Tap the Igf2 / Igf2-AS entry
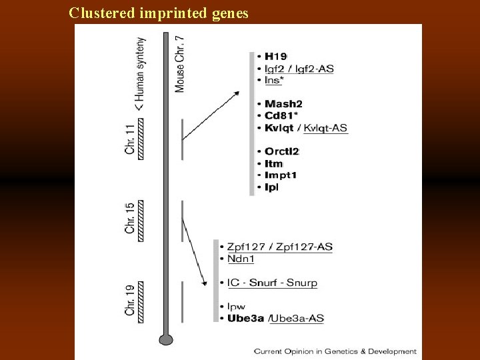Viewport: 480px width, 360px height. [298, 69]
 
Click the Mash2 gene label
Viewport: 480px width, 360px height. [283, 103]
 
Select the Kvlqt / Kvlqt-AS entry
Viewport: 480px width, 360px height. [305, 127]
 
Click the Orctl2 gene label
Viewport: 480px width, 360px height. [281, 151]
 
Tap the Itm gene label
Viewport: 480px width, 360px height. [273, 163]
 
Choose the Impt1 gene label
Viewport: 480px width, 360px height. [280, 175]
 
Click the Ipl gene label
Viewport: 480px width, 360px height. [271, 187]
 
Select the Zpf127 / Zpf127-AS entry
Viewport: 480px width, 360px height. [279, 247]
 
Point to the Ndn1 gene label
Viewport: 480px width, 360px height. [241, 259]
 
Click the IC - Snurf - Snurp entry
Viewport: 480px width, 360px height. [272, 283]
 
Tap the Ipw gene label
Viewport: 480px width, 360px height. [237, 307]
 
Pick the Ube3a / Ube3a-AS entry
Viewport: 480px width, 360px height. [275, 319]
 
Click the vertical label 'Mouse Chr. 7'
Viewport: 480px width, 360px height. [180, 63]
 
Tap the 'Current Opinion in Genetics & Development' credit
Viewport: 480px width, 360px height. [335, 351]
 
